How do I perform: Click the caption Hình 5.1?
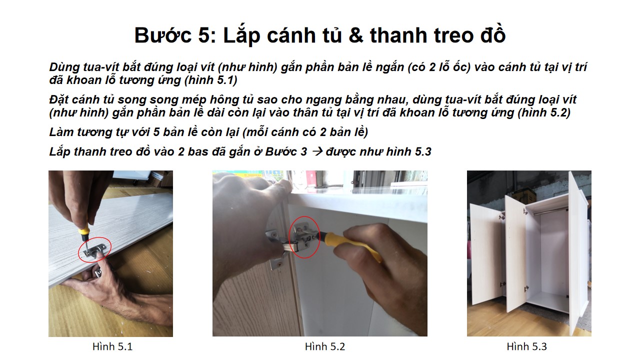pos(112,346)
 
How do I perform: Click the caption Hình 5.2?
pos(325,346)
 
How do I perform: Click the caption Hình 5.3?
pos(526,346)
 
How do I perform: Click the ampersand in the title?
pos(355,35)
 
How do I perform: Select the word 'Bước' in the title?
pos(163,35)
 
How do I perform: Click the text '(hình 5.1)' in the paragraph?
pos(210,80)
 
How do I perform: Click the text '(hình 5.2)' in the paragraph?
pos(543,113)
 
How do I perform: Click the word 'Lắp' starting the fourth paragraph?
pos(59,152)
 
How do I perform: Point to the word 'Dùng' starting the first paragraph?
pos(64,67)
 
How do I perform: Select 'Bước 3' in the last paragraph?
pos(286,151)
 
